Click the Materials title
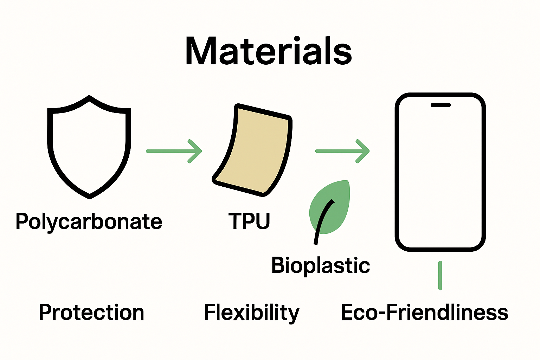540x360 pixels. [x=269, y=51]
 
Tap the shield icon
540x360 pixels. [x=89, y=148]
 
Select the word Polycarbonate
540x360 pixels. [x=89, y=222]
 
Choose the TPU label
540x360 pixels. [x=249, y=221]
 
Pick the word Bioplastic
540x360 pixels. [x=321, y=265]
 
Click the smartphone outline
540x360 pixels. [x=440, y=172]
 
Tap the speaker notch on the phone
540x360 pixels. [x=441, y=105]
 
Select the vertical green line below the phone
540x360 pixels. [x=440, y=275]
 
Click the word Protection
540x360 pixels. [x=91, y=313]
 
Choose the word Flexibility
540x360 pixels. [x=252, y=313]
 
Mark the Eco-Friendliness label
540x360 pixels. [x=425, y=313]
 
